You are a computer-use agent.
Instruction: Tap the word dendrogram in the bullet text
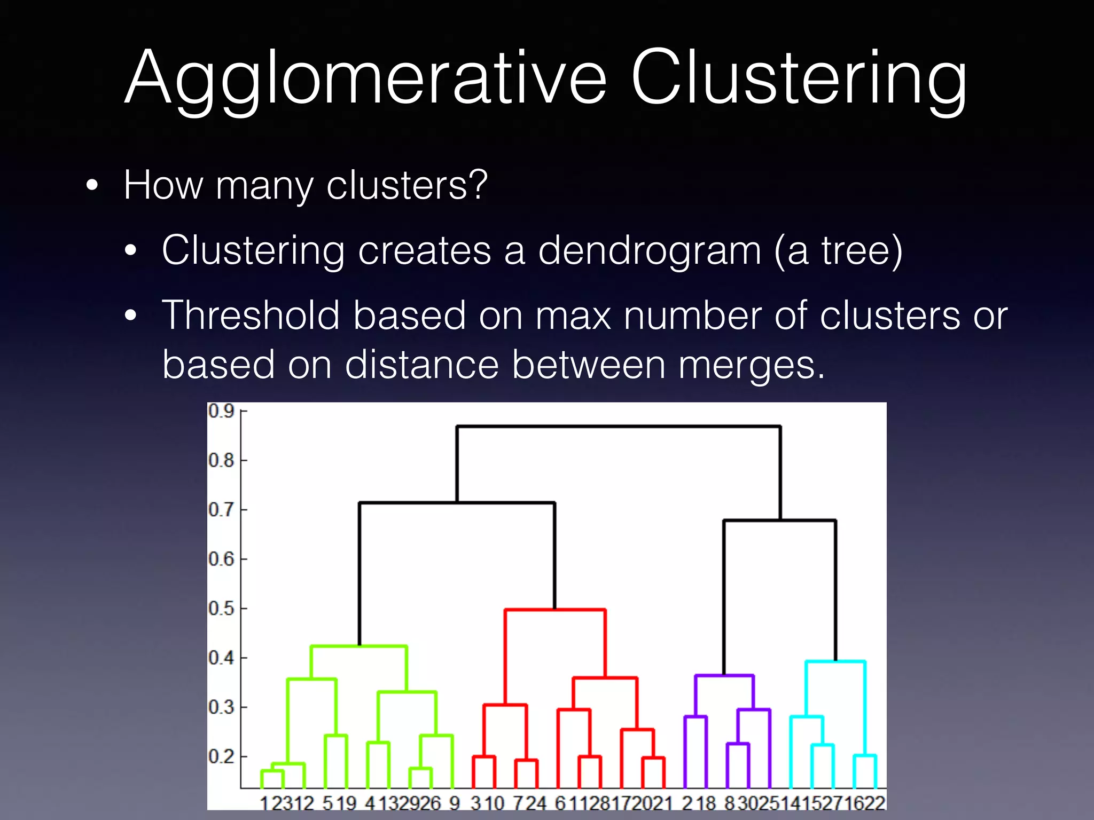648,250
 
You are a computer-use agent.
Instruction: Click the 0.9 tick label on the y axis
221,412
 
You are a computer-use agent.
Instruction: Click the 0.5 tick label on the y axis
221,609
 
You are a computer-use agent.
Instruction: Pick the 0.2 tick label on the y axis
221,756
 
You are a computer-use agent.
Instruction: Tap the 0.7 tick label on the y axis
221,510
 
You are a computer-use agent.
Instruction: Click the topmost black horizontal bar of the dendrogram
619,427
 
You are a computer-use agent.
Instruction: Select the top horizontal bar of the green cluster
359,646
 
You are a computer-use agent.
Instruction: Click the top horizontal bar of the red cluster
556,610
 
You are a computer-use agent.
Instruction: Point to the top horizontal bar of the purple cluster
724,676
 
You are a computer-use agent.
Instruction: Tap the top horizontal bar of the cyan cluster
835,662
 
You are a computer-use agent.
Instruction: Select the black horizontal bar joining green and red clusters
457,503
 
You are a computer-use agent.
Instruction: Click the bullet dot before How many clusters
92,186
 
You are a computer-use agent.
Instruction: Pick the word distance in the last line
422,365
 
